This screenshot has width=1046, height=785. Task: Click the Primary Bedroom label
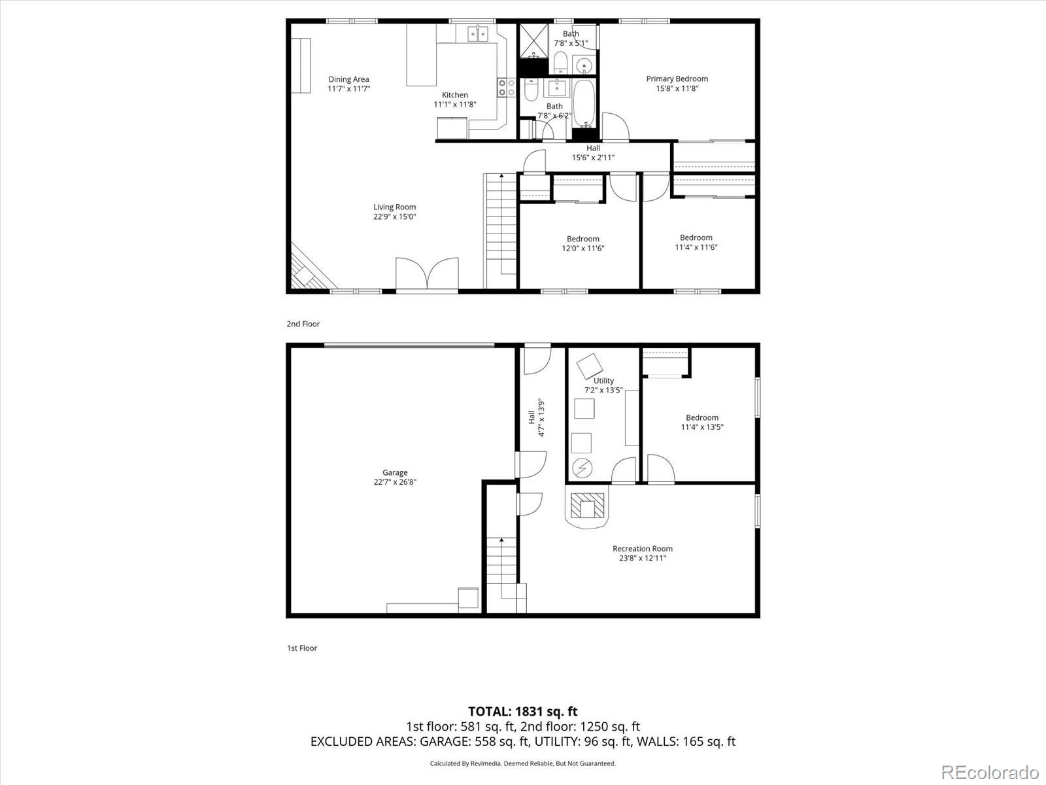pos(677,78)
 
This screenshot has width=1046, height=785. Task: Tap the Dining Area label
pos(349,79)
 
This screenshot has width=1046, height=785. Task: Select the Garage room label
pos(395,472)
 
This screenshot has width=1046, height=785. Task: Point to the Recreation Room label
pos(643,549)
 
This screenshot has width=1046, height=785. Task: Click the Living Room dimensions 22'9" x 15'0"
pos(395,217)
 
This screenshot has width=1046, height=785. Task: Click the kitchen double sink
pos(478,34)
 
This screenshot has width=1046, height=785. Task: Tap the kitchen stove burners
pos(507,88)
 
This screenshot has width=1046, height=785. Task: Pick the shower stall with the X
pos(533,41)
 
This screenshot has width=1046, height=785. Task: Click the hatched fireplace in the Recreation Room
pos(588,506)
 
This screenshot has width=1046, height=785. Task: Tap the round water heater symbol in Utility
pos(582,468)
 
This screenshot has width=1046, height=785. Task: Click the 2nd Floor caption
pos(303,324)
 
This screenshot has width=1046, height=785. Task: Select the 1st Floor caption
pos(301,648)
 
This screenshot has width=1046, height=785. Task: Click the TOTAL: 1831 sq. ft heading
pos(523,712)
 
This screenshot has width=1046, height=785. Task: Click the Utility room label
pos(603,381)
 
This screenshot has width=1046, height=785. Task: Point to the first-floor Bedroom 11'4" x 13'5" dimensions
pos(702,427)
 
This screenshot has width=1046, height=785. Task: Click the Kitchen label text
pos(454,95)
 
